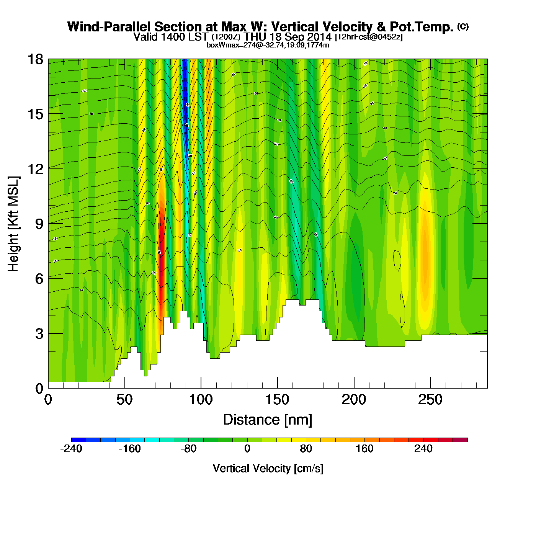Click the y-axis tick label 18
tap(35, 59)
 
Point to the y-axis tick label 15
tap(35, 114)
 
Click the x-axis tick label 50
tap(124, 400)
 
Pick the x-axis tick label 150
tap(277, 400)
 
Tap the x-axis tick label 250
tap(430, 400)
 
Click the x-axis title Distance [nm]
tap(268, 420)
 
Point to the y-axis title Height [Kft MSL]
tap(14, 224)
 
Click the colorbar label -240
tap(71, 449)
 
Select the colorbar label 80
tap(306, 449)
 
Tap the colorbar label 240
tap(423, 449)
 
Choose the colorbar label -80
tap(188, 449)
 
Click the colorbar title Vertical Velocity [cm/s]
tap(268, 468)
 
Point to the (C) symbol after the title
tap(463, 26)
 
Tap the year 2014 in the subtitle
tap(319, 37)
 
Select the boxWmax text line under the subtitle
tap(268, 45)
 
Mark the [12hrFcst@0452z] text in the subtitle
tap(369, 37)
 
